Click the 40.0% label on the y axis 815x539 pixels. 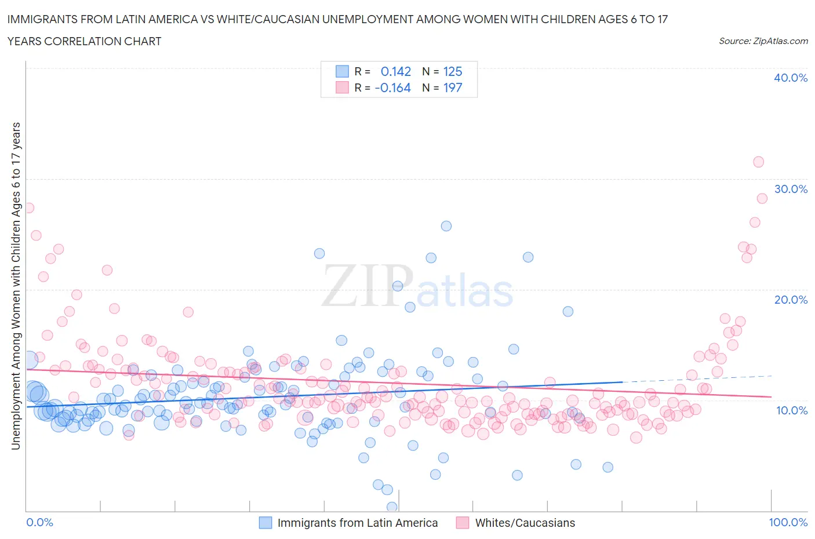(791, 78)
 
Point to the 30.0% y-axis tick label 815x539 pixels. (791, 189)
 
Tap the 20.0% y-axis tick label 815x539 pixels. (791, 300)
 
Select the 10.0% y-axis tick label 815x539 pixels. (791, 410)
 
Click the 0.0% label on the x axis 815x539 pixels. (39, 522)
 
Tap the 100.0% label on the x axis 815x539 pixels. (788, 522)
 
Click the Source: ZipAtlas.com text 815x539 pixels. (763, 41)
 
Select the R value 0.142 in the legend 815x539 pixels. (395, 71)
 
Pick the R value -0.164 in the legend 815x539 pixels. (392, 88)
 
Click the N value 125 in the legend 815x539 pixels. (452, 71)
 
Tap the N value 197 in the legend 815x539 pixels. (452, 88)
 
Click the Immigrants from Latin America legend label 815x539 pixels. (357, 523)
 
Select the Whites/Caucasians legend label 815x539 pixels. (525, 523)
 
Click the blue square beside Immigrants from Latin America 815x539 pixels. (265, 523)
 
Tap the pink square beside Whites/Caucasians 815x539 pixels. (463, 523)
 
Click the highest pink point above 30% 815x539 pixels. (758, 162)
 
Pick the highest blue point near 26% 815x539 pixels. (446, 226)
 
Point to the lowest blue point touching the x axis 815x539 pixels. (392, 507)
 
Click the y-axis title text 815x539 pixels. (16, 286)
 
